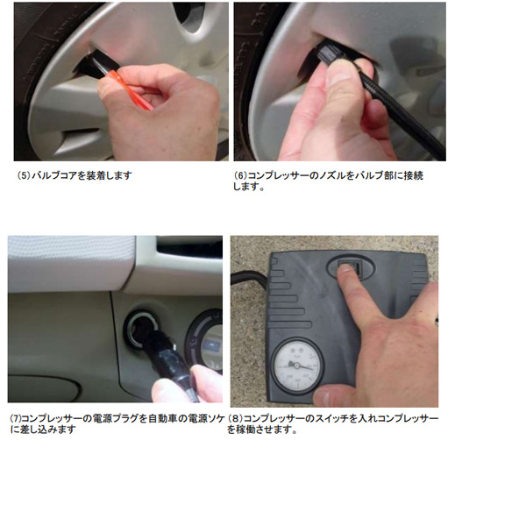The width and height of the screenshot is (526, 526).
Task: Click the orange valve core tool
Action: click(x=129, y=89)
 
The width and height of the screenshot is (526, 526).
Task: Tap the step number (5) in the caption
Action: click(x=24, y=175)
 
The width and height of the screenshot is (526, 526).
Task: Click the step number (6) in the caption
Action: click(x=240, y=175)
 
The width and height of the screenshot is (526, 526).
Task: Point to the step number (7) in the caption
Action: click(x=15, y=419)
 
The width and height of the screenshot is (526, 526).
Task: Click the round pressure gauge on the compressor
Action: click(x=297, y=366)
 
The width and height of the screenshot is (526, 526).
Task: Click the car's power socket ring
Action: click(x=141, y=329)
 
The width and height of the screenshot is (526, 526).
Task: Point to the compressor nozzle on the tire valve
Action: click(x=326, y=54)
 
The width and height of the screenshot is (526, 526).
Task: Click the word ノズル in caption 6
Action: click(x=331, y=175)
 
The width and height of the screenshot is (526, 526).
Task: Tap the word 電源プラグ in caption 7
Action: click(x=115, y=419)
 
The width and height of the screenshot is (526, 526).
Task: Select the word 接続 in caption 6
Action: click(x=414, y=175)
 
